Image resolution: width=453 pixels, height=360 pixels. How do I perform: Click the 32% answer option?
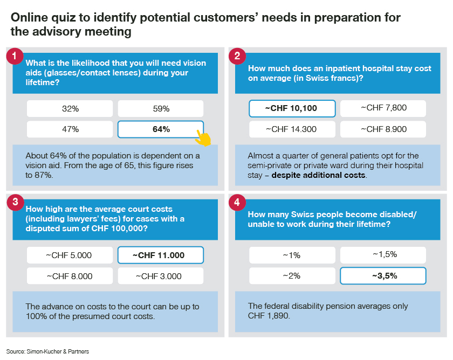tap(70, 108)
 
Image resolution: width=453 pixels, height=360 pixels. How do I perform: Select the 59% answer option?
tap(161, 108)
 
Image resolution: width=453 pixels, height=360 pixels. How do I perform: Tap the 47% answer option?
tap(70, 129)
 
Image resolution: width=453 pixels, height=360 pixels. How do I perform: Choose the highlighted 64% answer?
tap(161, 129)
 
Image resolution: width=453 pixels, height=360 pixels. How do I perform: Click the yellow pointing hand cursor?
tap(203, 139)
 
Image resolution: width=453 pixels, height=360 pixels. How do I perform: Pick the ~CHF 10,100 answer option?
tap(292, 108)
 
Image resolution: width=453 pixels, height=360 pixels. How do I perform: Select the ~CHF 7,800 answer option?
tap(383, 108)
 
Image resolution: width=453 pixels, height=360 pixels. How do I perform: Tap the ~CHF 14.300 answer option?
tap(292, 129)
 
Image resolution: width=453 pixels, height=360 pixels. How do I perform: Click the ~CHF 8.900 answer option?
tap(383, 129)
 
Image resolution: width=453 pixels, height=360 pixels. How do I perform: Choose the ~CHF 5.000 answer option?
tap(70, 255)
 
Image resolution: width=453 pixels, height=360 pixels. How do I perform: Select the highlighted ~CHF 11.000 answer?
tap(161, 255)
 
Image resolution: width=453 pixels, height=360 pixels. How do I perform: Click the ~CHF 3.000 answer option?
tap(161, 276)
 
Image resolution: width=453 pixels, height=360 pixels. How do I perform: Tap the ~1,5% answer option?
tap(383, 254)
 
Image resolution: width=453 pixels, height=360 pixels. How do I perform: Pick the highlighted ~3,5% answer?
tap(383, 276)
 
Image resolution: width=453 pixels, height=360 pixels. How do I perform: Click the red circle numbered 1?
tap(15, 56)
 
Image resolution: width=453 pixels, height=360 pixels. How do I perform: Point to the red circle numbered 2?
tap(237, 56)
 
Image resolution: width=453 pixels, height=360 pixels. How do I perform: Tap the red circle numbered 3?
tap(15, 202)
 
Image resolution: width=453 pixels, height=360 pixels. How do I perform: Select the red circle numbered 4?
tap(237, 202)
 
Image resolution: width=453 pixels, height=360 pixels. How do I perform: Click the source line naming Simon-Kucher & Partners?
tap(47, 351)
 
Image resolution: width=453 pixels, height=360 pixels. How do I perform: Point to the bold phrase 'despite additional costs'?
tap(318, 175)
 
